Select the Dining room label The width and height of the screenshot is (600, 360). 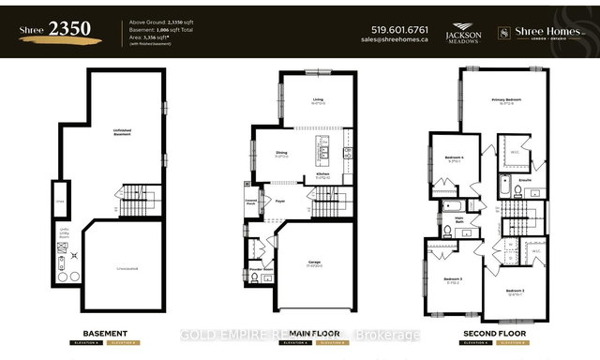pos(281,155)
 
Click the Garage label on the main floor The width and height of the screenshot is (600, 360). pos(316,263)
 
